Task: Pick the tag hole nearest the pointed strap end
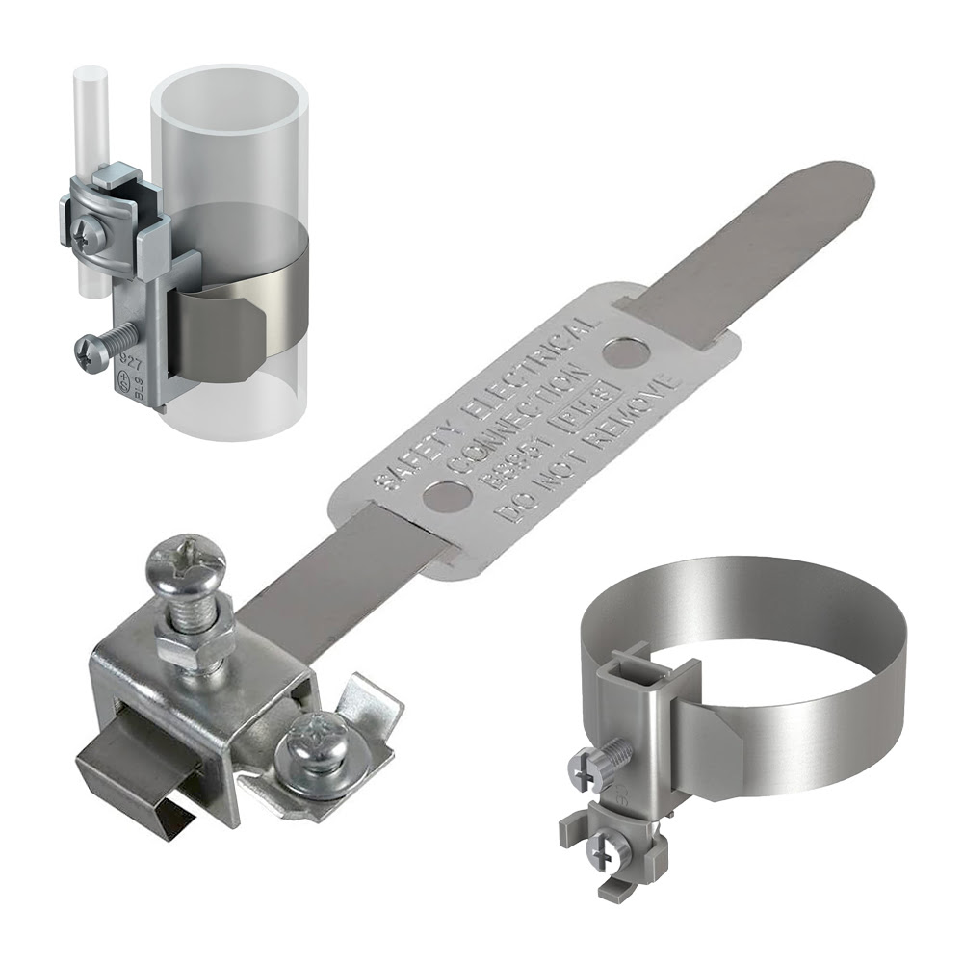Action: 626,353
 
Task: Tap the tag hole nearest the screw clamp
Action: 448,498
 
